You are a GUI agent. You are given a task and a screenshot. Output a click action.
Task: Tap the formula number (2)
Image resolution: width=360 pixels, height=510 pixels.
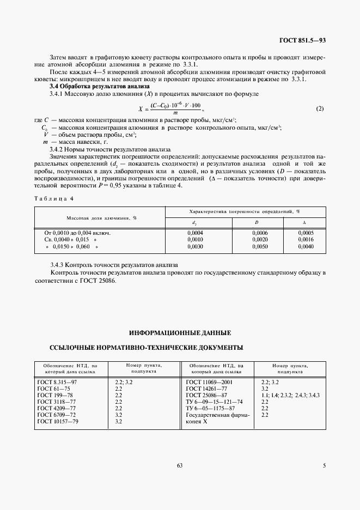pos(320,108)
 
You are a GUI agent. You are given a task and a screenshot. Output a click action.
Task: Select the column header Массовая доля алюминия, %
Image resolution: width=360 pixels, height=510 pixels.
pos(101,217)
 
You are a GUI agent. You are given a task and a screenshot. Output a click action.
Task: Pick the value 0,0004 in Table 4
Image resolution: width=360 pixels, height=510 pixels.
pos(194,233)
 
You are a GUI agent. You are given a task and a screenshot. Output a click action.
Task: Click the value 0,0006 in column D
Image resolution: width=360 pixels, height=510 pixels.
pos(260,233)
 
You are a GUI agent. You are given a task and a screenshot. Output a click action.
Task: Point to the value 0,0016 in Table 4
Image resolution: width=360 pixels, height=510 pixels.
pos(306,239)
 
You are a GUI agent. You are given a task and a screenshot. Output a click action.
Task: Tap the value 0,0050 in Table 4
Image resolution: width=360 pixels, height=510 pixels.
pos(260,246)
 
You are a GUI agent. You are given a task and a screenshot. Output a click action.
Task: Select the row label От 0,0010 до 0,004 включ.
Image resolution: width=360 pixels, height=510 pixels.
pos(77,233)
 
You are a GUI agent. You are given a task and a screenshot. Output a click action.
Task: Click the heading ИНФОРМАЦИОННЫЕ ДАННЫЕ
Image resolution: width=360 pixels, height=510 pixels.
pos(180,332)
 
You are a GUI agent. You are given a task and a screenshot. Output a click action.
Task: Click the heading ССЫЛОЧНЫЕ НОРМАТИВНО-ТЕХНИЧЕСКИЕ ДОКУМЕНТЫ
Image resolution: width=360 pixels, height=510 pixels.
pos(146,347)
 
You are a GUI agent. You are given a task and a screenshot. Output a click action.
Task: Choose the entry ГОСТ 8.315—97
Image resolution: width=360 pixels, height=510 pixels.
pos(57,382)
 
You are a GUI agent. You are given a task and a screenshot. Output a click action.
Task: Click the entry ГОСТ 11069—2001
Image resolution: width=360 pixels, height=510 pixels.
pos(210,382)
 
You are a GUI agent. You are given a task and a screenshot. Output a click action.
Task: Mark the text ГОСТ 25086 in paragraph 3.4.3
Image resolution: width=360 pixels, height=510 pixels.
pos(97,281)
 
